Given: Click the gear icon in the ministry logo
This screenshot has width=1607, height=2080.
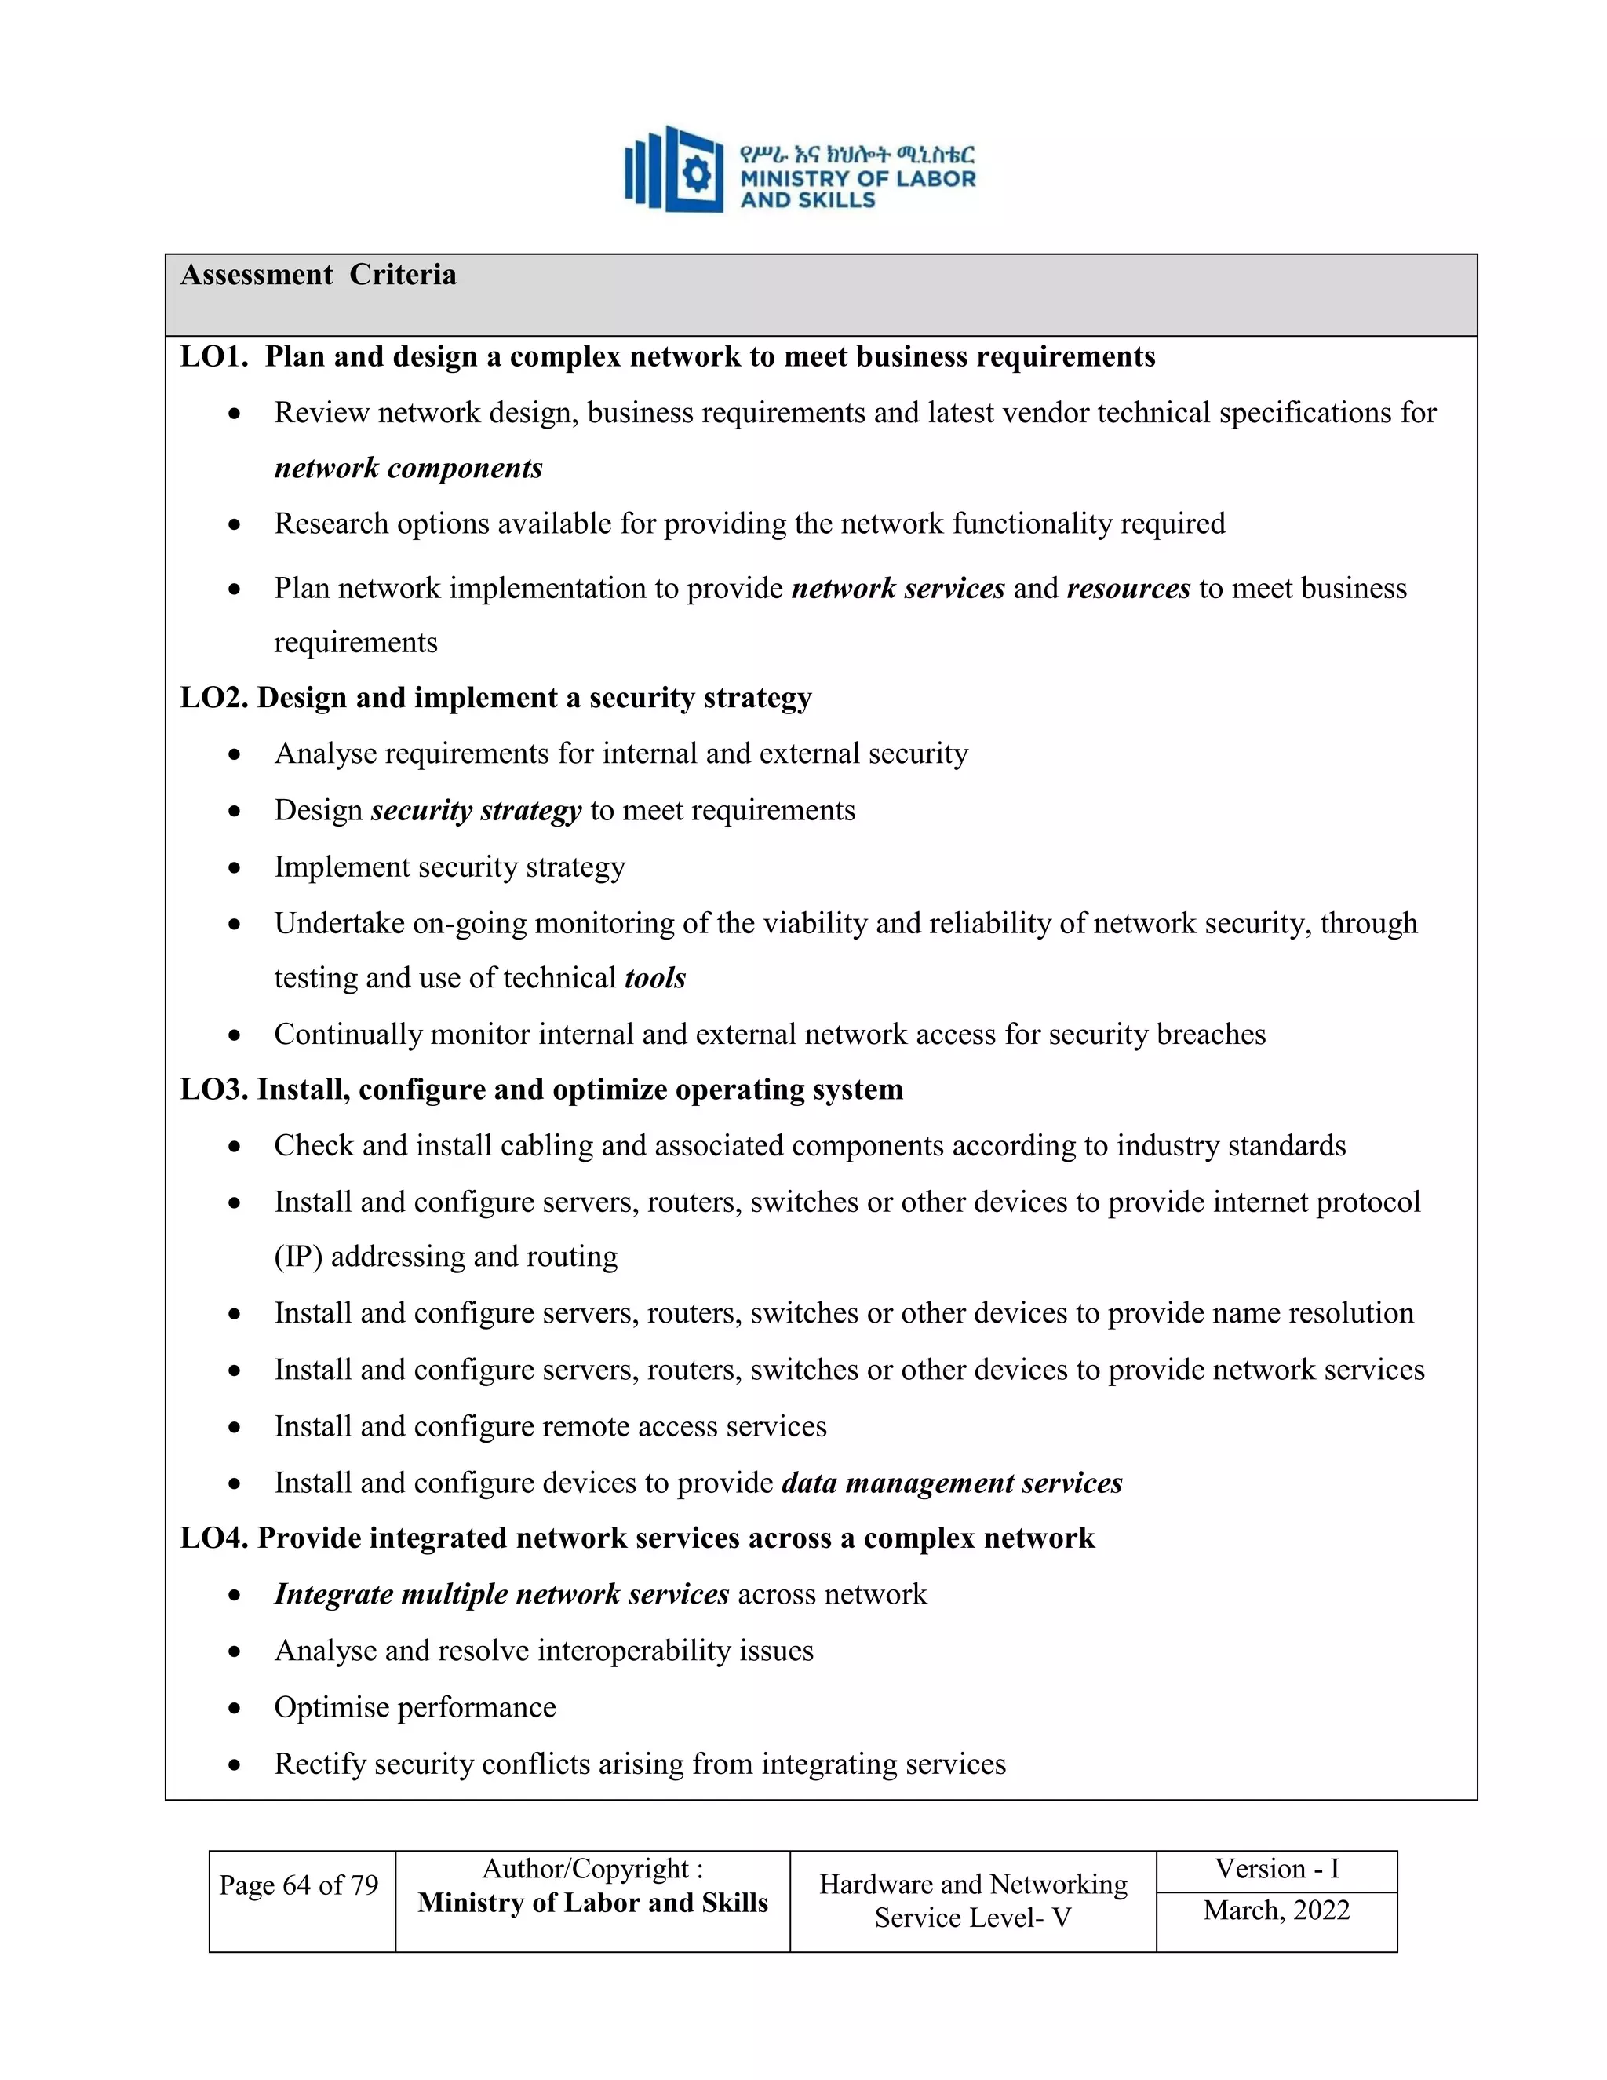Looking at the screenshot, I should click(x=697, y=174).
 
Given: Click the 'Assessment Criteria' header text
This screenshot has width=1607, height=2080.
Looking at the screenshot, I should click(x=318, y=276).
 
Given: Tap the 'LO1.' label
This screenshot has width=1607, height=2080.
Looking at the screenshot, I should click(x=214, y=357).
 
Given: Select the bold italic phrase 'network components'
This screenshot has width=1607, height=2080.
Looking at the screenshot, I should click(x=407, y=469).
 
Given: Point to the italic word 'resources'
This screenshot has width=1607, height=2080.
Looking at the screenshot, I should click(x=1128, y=589).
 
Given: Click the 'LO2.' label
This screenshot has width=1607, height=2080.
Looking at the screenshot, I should click(x=214, y=698).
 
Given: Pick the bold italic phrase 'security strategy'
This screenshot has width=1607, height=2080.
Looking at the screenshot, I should click(x=476, y=811).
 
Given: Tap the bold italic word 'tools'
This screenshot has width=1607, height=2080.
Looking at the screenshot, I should click(x=655, y=978).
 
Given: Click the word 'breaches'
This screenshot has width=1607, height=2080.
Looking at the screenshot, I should click(x=1210, y=1035).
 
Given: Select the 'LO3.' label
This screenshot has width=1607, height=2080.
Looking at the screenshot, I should click(x=214, y=1089).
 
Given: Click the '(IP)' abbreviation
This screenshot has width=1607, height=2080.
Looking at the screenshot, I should click(x=298, y=1257).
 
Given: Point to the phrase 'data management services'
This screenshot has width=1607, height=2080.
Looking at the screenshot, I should click(x=952, y=1483).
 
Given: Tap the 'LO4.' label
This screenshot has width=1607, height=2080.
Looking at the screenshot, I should click(x=214, y=1538).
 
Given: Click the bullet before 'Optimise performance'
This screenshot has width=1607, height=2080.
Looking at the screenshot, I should click(x=234, y=1709).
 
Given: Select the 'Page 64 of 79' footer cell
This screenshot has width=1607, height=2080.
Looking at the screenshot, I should click(x=299, y=1885).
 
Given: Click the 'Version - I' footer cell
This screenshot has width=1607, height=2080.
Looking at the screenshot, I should click(x=1276, y=1869).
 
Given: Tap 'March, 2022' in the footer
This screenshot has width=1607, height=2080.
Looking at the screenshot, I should click(x=1276, y=1910).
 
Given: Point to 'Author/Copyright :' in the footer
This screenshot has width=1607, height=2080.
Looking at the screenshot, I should click(x=592, y=1869).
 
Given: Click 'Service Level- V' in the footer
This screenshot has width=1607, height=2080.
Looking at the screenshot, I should click(x=972, y=1918).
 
